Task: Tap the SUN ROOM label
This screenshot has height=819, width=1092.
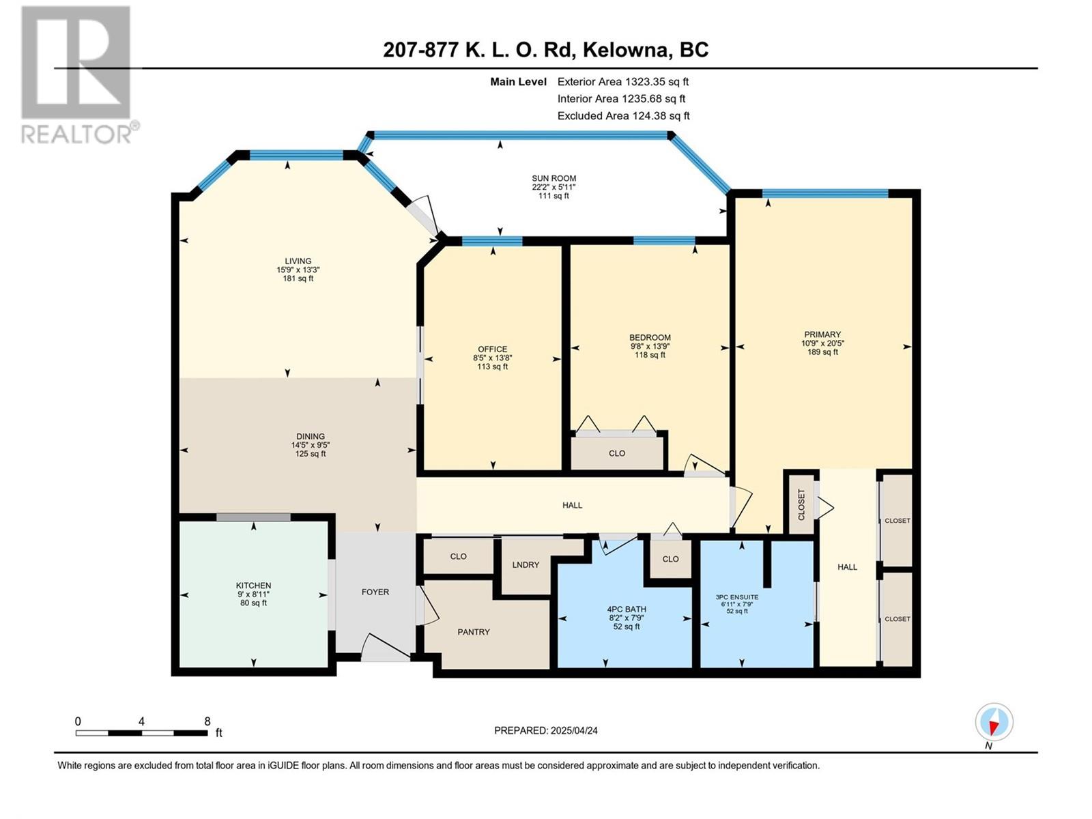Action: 554,178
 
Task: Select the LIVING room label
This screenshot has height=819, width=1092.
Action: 298,261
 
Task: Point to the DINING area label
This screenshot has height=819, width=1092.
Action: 311,436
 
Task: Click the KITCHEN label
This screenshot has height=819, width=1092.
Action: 254,586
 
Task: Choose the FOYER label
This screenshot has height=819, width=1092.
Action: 375,592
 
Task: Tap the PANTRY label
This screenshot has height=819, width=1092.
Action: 474,631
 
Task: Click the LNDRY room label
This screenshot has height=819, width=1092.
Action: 526,564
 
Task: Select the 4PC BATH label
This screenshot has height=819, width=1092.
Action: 627,609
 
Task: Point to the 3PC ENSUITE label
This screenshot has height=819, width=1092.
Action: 737,597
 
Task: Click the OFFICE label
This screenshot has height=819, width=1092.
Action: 493,349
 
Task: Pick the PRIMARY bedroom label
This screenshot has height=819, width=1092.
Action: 822,334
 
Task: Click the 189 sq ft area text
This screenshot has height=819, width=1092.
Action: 822,351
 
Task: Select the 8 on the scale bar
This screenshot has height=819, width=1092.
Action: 207,721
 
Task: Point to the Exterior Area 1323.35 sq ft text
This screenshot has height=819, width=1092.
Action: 623,81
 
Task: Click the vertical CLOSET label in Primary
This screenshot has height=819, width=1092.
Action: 801,504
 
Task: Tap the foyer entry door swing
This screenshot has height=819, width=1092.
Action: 386,647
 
